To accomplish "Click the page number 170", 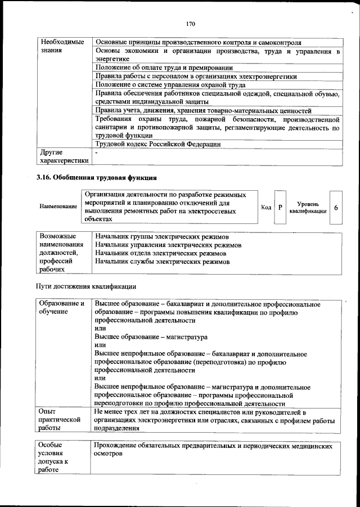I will (x=190, y=24).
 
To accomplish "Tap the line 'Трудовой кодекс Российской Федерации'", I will (x=157, y=144).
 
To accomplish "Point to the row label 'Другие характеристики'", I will (x=61, y=156).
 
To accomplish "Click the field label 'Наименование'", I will (x=58, y=207).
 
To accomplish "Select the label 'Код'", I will (x=266, y=207).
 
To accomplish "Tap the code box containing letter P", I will (x=280, y=207).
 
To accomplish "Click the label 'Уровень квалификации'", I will (x=308, y=207).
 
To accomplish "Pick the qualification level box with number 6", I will (x=336, y=207).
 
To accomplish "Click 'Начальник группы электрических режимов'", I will (x=162, y=236).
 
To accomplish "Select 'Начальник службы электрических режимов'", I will (x=162, y=262).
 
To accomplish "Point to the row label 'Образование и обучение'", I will (x=61, y=308).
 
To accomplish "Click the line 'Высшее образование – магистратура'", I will (x=151, y=336).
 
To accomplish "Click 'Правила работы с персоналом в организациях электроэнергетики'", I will (x=196, y=76).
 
